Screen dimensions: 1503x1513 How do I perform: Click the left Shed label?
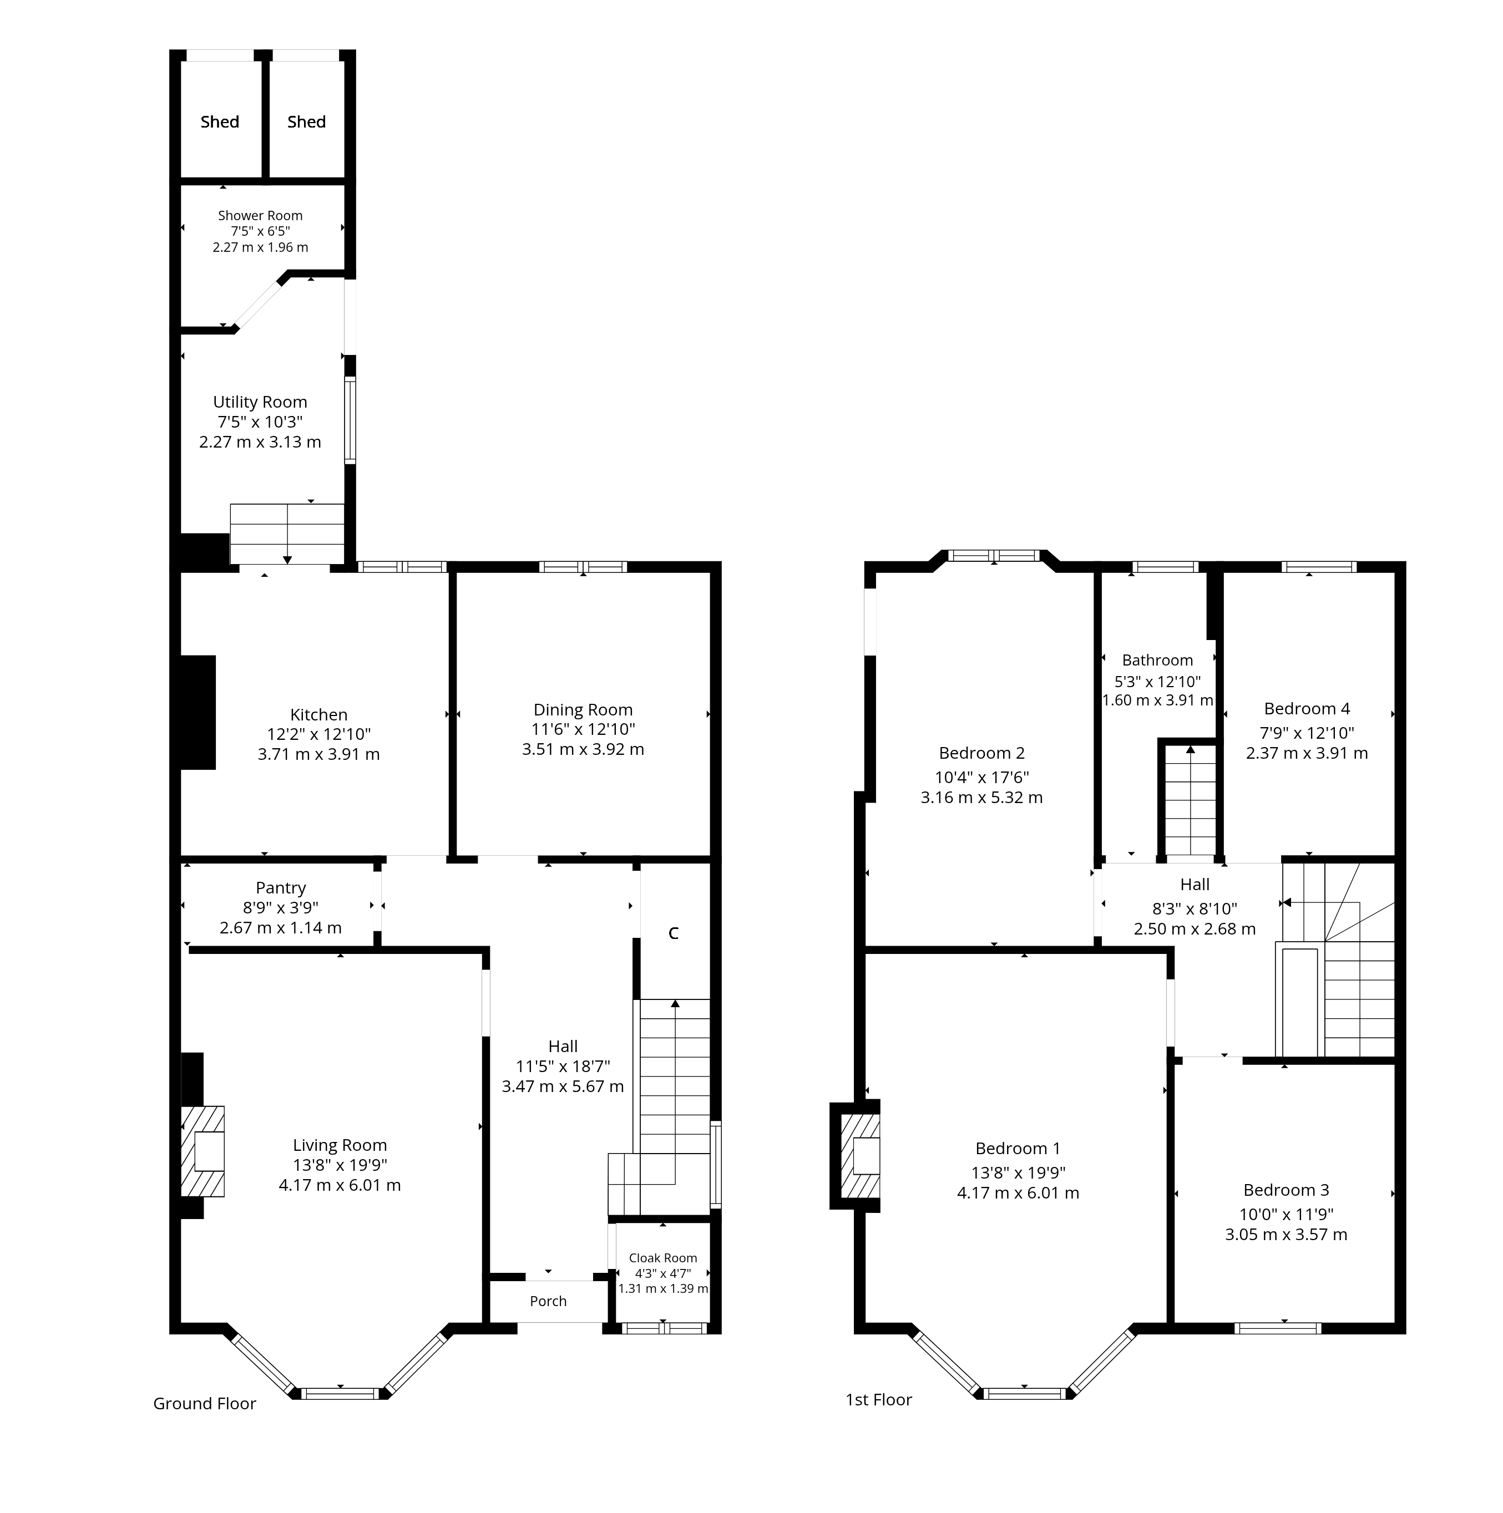[219, 121]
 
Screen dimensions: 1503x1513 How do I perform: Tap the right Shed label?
[306, 121]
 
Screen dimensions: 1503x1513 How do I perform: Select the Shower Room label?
[260, 215]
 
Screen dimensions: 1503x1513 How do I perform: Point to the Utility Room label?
[260, 402]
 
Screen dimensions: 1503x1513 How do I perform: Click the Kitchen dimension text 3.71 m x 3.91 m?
[319, 754]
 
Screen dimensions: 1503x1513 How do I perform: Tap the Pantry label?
[280, 887]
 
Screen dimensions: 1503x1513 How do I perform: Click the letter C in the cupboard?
[673, 933]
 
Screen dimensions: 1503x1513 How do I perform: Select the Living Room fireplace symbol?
[203, 1151]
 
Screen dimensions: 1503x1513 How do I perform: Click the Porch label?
[548, 1301]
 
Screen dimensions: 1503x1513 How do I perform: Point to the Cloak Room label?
[662, 1258]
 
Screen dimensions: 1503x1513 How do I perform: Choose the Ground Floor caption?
[204, 1403]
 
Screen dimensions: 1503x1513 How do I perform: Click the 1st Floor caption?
[879, 1399]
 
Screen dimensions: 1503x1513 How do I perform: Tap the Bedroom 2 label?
[981, 753]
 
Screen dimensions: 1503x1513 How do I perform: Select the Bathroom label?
[1157, 660]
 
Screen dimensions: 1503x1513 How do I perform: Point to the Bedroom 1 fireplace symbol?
[860, 1156]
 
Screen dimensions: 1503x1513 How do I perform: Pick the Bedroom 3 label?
[1286, 1190]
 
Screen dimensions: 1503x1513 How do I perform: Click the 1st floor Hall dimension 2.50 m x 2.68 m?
[1195, 929]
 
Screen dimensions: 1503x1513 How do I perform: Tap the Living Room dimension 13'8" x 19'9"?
[340, 1165]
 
